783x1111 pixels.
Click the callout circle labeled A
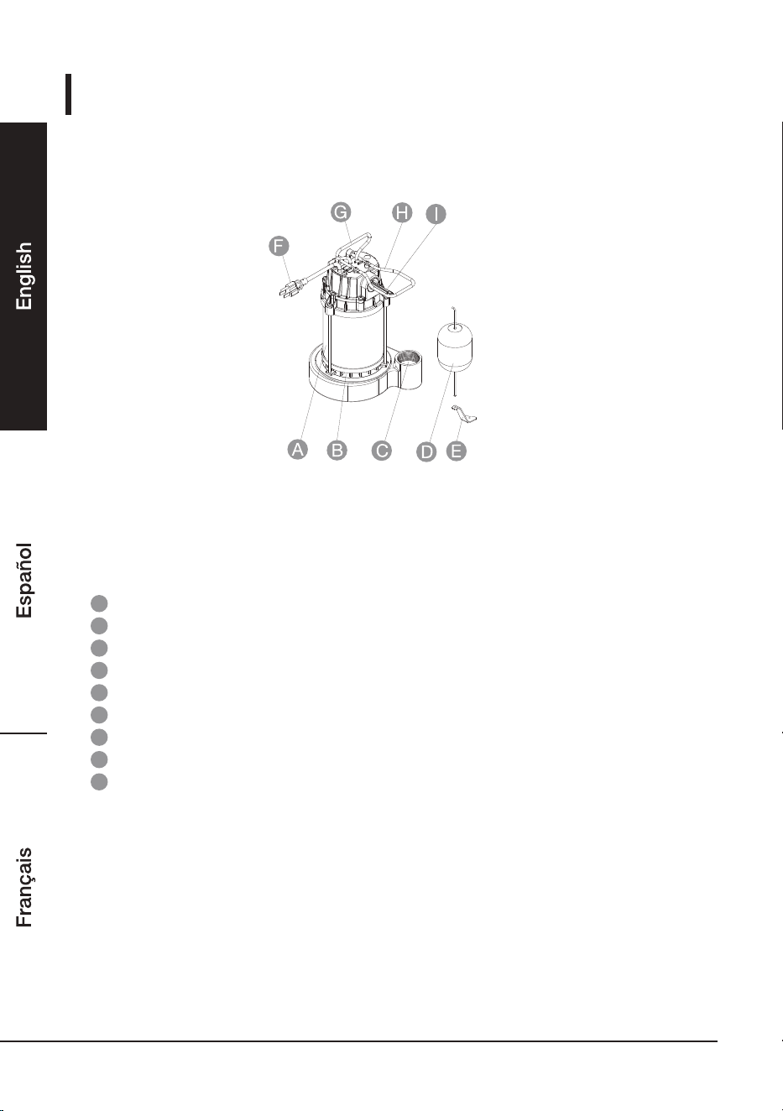coord(298,449)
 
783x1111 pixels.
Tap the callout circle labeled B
coord(337,450)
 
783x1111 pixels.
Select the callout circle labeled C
coord(382,451)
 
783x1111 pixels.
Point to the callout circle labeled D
coord(426,451)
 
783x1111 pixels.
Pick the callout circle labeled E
coord(457,451)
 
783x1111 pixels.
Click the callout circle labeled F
coord(279,246)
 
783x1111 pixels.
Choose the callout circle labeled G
coord(341,212)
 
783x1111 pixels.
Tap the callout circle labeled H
coord(403,213)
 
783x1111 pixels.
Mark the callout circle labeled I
coord(436,214)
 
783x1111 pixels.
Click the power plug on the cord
coord(290,290)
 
